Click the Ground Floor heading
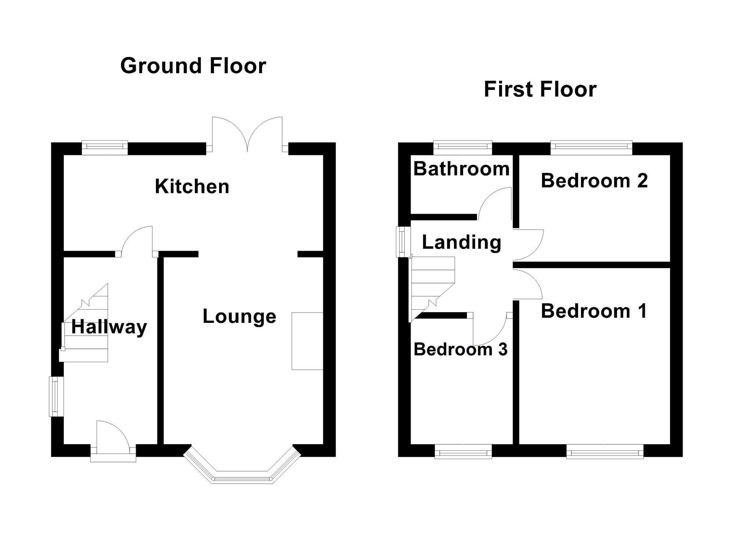(193, 66)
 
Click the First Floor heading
(540, 89)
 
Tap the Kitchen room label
(192, 186)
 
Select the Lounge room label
(239, 316)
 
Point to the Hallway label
(109, 326)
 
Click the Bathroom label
(461, 169)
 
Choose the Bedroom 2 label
(594, 181)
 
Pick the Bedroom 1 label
(593, 311)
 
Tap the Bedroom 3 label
(461, 349)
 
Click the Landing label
(461, 242)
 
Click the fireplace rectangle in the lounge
(307, 341)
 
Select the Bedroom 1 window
(605, 451)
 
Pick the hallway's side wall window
(56, 396)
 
